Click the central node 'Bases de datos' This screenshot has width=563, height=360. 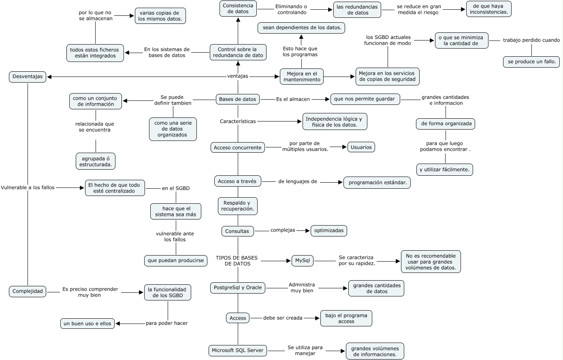click(x=237, y=99)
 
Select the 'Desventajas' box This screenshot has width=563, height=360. click(x=27, y=77)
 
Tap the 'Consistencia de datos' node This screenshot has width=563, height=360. click(x=238, y=9)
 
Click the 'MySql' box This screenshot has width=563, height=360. click(x=302, y=260)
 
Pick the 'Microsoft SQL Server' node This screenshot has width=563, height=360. click(x=238, y=350)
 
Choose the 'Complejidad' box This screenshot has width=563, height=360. click(x=28, y=291)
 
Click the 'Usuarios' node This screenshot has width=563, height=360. click(x=361, y=147)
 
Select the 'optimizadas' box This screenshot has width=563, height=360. click(x=328, y=231)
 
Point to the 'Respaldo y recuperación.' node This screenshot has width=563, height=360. click(x=238, y=206)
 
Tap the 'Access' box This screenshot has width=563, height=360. click(x=238, y=318)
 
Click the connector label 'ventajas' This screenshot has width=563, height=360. click(x=237, y=76)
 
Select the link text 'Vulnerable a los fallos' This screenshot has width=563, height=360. click(x=28, y=187)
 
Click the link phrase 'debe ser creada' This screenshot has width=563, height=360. click(x=283, y=318)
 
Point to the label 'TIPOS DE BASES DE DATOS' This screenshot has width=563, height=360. click(x=237, y=261)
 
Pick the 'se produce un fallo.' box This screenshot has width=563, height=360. click(x=531, y=62)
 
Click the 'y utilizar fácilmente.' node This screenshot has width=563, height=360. click(x=444, y=170)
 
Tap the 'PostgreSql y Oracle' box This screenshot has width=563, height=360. click(x=238, y=288)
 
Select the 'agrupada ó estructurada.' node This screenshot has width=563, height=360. click(x=96, y=162)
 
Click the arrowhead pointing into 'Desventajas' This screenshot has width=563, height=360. click(x=50, y=77)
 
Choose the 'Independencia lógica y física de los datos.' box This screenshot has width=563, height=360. click(x=335, y=121)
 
